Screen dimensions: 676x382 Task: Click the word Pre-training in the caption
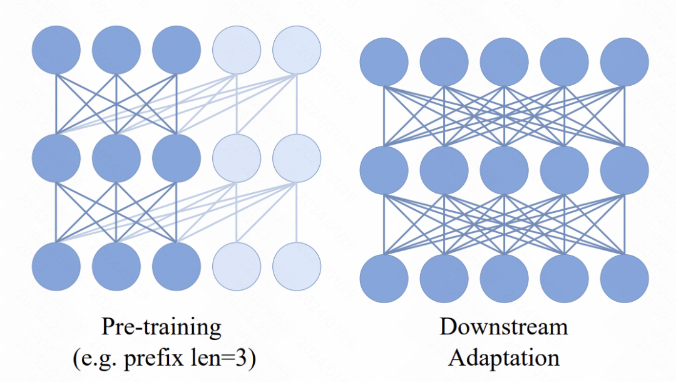point(161,327)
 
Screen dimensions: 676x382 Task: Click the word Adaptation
point(503,358)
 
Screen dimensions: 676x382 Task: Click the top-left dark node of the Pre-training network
point(56,50)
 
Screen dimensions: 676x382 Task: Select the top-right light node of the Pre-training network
point(297,50)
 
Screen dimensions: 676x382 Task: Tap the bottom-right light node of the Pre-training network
point(297,266)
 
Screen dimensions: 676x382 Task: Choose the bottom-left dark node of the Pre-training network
point(56,266)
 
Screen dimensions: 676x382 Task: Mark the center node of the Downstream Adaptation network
point(504,170)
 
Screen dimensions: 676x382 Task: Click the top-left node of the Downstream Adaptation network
point(384,62)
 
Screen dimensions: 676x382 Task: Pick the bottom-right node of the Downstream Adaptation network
point(624,279)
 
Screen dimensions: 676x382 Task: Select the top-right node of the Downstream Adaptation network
point(624,62)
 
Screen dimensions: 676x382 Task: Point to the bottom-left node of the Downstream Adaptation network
point(384,279)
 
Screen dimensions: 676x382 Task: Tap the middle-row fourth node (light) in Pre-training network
point(237,158)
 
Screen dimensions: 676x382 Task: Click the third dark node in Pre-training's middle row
point(177,158)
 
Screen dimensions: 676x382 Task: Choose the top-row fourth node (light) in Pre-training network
point(237,50)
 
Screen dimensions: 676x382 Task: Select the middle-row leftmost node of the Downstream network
point(384,170)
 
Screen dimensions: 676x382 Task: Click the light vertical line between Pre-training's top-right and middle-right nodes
point(297,105)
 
